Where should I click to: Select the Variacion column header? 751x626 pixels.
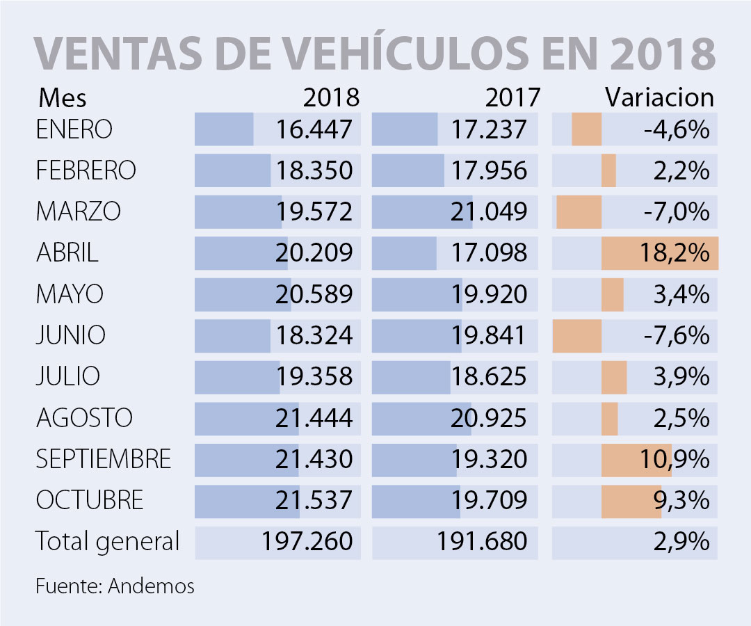click(x=659, y=97)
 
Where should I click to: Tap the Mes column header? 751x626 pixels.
click(x=63, y=97)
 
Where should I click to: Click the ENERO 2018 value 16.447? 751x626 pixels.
click(x=314, y=130)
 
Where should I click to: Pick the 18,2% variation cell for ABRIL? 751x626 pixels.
click(x=674, y=252)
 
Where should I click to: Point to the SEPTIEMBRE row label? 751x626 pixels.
click(x=104, y=459)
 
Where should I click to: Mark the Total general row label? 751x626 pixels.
click(x=108, y=540)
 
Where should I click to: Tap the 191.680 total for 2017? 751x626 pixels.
click(x=483, y=541)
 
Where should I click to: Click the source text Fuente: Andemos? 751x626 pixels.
click(x=115, y=586)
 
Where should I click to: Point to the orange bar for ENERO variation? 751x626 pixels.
click(x=586, y=131)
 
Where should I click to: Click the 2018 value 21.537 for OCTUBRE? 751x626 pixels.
click(x=314, y=500)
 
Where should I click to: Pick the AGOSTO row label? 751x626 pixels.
click(x=84, y=418)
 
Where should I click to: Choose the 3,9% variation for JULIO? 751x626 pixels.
click(x=681, y=376)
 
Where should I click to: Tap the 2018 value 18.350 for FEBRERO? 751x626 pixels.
click(x=314, y=170)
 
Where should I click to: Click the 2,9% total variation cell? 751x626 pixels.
click(x=681, y=541)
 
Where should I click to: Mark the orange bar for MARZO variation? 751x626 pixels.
click(x=579, y=211)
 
